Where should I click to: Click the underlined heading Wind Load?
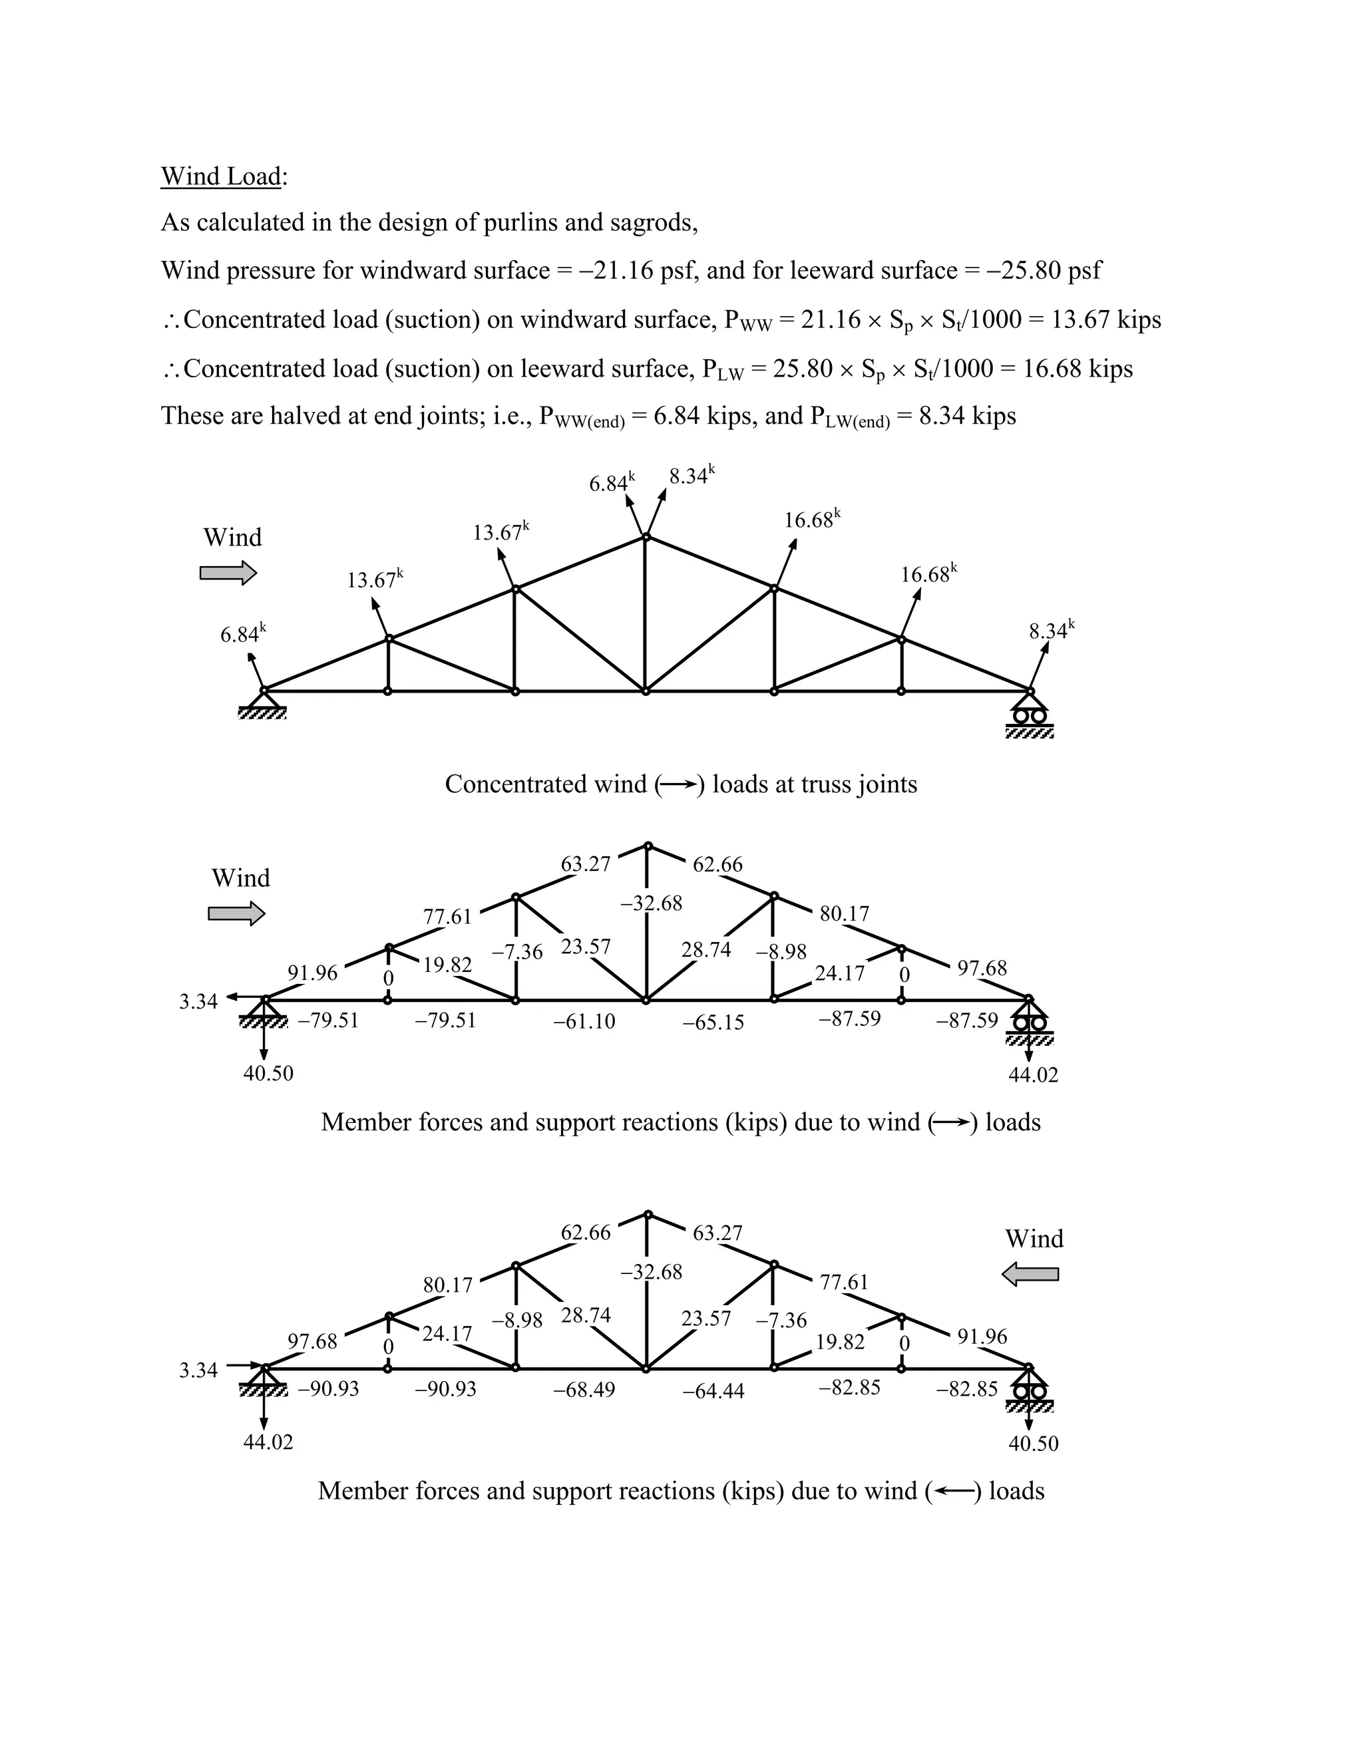click(221, 176)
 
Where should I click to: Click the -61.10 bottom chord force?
click(584, 1021)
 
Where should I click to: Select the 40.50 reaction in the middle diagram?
click(268, 1073)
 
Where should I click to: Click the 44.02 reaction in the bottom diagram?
click(268, 1441)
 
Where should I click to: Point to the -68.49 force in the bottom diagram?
click(584, 1389)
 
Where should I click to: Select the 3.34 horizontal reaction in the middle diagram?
click(198, 1001)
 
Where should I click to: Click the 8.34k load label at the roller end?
click(1050, 631)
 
